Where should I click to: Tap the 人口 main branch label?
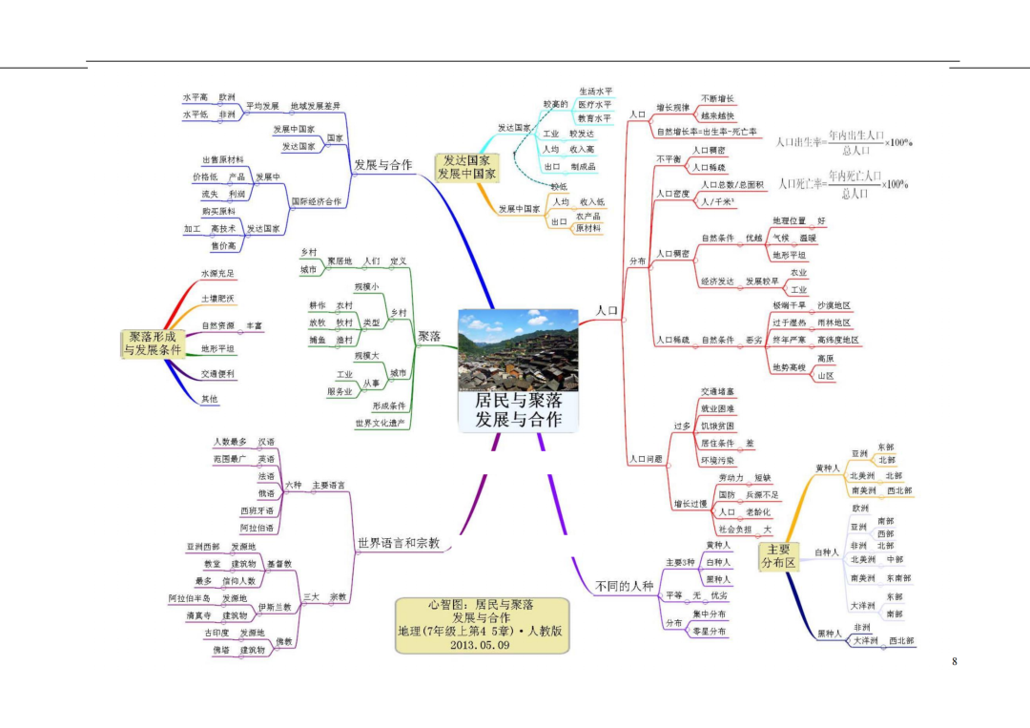click(x=608, y=311)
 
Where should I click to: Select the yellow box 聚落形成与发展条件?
click(x=153, y=343)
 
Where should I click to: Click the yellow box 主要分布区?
click(x=778, y=556)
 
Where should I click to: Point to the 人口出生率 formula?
click(x=843, y=143)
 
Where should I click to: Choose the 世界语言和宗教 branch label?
click(x=399, y=543)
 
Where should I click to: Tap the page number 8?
click(x=954, y=662)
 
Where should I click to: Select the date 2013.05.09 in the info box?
click(x=482, y=645)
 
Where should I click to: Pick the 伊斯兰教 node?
click(x=275, y=607)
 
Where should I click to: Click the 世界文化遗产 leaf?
click(x=380, y=423)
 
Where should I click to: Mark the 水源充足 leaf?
click(x=217, y=274)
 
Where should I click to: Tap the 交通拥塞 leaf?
click(x=717, y=391)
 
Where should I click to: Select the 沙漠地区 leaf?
click(x=834, y=305)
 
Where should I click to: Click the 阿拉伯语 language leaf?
click(x=257, y=528)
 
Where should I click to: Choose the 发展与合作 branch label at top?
click(x=382, y=164)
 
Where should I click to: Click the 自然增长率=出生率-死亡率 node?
click(x=707, y=132)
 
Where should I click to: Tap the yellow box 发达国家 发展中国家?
click(x=465, y=168)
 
